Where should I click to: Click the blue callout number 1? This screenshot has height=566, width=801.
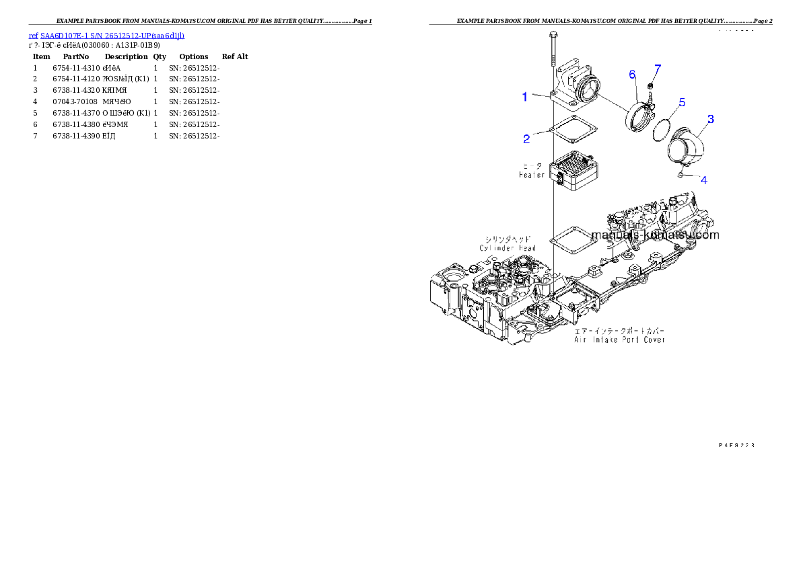526,97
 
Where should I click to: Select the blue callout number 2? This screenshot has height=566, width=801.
527,139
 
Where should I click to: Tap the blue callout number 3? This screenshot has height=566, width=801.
711,119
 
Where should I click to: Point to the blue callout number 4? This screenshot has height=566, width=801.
703,180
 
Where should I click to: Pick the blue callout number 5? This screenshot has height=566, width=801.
682,103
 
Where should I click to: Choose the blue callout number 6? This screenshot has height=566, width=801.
633,74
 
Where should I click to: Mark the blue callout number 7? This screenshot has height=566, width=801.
658,69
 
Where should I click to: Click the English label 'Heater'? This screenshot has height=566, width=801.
532,175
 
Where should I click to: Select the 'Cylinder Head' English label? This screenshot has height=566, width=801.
508,248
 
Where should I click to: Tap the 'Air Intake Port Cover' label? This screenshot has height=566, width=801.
619,340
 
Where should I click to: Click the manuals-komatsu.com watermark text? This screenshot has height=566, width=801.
655,235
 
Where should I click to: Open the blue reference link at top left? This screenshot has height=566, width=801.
106,35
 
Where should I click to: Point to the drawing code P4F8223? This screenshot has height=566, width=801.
736,445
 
